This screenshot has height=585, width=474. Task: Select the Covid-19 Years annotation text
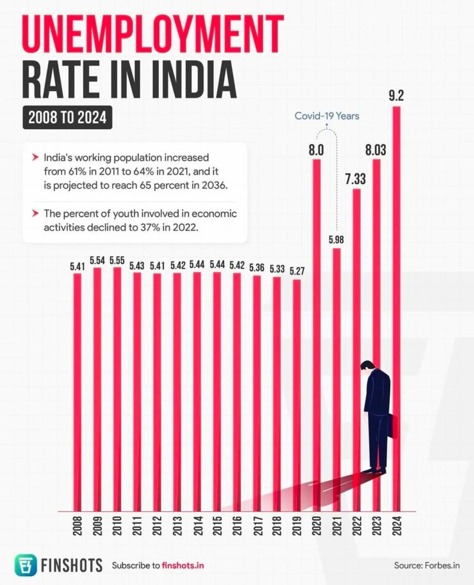click(327, 116)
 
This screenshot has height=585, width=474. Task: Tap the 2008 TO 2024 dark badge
click(67, 118)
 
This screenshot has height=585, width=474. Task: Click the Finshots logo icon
click(24, 565)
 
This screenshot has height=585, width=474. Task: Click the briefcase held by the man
click(393, 426)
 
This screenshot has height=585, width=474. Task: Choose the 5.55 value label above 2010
click(118, 260)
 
